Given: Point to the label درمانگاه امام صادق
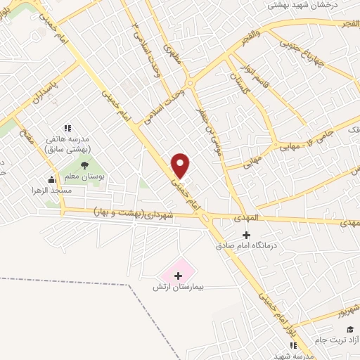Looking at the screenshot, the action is pyautogui.click(x=245, y=247).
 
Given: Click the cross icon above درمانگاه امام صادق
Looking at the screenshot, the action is pyautogui.click(x=246, y=235).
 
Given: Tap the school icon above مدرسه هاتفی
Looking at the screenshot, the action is pyautogui.click(x=67, y=128).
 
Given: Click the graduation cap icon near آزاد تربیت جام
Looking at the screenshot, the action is pyautogui.click(x=349, y=329).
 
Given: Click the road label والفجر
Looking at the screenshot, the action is pyautogui.click(x=247, y=33).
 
